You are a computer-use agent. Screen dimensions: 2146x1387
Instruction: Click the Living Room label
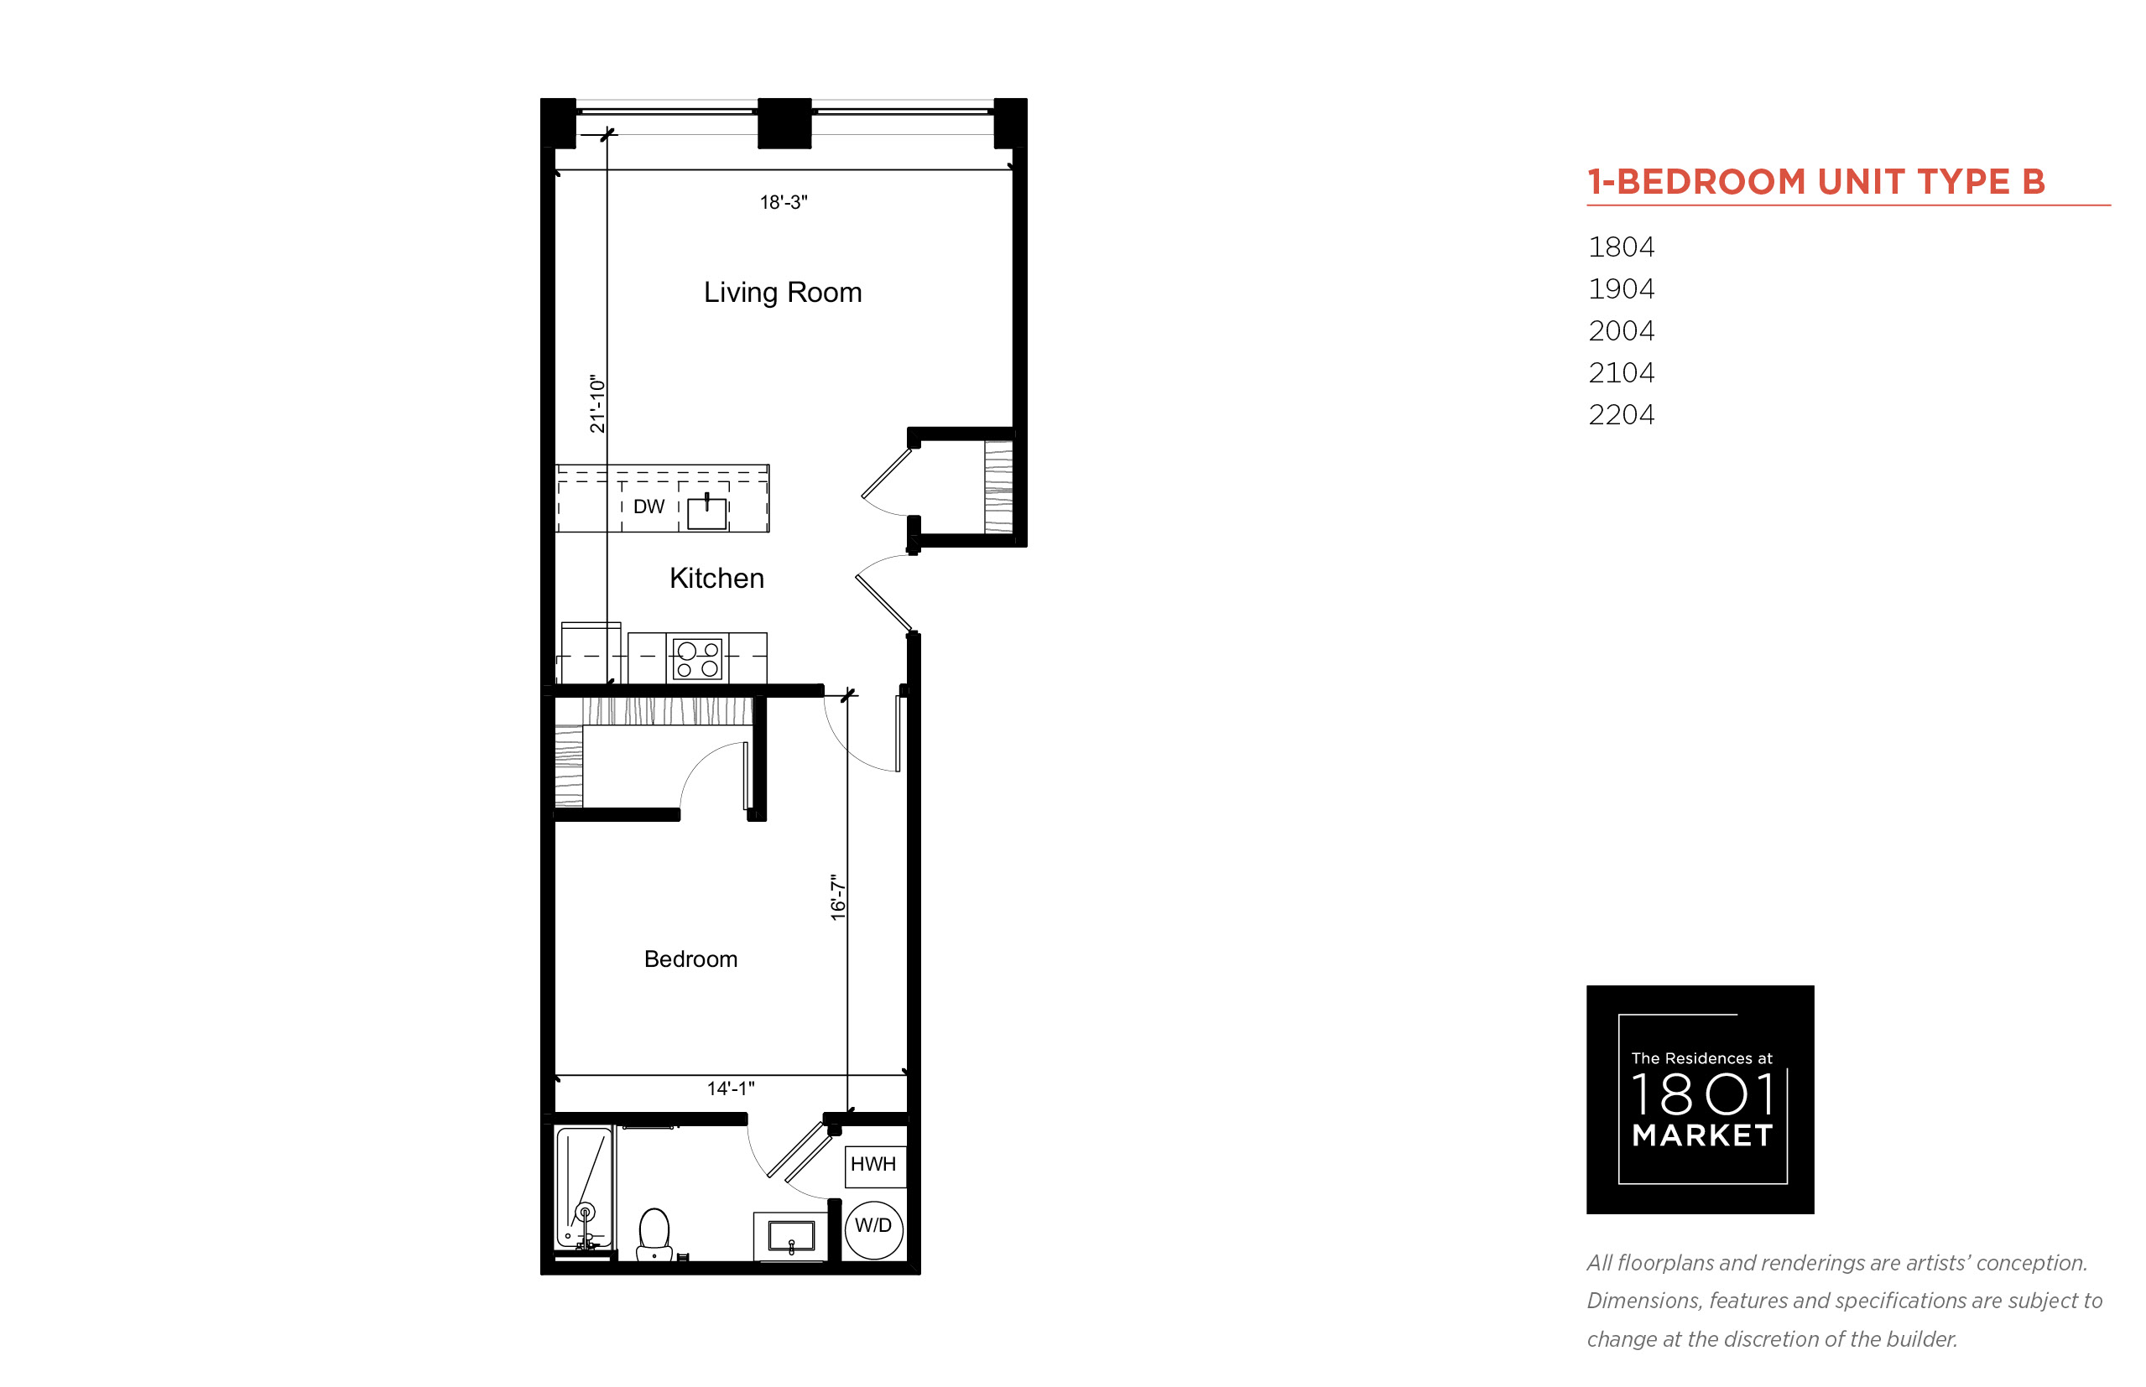pos(782,293)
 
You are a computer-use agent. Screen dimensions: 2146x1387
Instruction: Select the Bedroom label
pos(690,958)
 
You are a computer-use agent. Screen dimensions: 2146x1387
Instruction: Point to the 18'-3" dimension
pos(783,203)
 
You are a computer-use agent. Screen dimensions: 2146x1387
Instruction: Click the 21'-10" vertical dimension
pos(597,403)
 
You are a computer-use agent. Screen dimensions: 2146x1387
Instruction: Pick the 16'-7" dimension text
pos(838,897)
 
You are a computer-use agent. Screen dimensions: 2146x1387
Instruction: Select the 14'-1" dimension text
pos(731,1088)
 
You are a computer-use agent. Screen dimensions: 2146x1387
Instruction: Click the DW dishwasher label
pos(648,506)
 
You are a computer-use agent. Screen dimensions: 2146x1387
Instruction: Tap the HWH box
pos(874,1166)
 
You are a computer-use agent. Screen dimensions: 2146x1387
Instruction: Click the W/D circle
pos(873,1229)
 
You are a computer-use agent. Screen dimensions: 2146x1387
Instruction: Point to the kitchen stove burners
pos(698,658)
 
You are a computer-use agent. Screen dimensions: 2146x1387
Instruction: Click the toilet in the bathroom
pos(654,1233)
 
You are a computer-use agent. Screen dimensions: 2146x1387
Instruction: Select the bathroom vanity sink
pos(791,1236)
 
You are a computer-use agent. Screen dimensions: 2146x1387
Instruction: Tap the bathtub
pos(584,1188)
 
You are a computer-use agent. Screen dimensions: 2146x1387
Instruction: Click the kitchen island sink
pos(706,512)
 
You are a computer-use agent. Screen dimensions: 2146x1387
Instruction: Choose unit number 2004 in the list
pos(1621,330)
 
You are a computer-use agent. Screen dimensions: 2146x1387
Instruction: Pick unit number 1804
pos(1621,247)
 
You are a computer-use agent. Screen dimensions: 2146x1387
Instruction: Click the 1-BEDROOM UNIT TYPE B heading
pos(1816,181)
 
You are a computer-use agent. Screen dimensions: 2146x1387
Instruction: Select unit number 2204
pos(1621,414)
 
